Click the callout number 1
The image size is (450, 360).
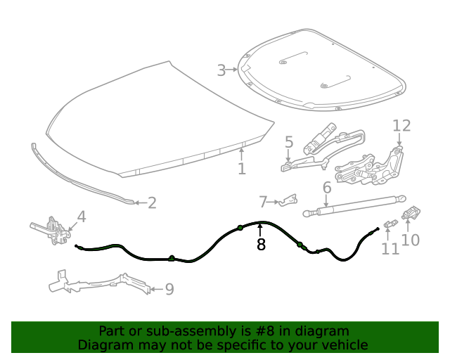pyautogui.click(x=241, y=169)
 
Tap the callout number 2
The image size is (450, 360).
pyautogui.click(x=152, y=203)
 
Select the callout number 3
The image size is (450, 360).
pyautogui.click(x=221, y=70)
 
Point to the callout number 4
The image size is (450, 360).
pyautogui.click(x=82, y=217)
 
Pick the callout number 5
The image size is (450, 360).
pyautogui.click(x=289, y=143)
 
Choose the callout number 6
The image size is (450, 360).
pyautogui.click(x=327, y=188)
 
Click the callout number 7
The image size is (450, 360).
pyautogui.click(x=264, y=202)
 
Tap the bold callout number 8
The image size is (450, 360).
pyautogui.click(x=261, y=245)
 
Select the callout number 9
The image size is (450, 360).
pyautogui.click(x=169, y=289)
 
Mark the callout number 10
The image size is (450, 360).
pyautogui.click(x=411, y=240)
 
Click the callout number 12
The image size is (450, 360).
pyautogui.click(x=401, y=126)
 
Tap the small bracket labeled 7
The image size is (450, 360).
pyautogui.click(x=285, y=202)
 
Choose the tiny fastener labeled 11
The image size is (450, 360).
pyautogui.click(x=389, y=224)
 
